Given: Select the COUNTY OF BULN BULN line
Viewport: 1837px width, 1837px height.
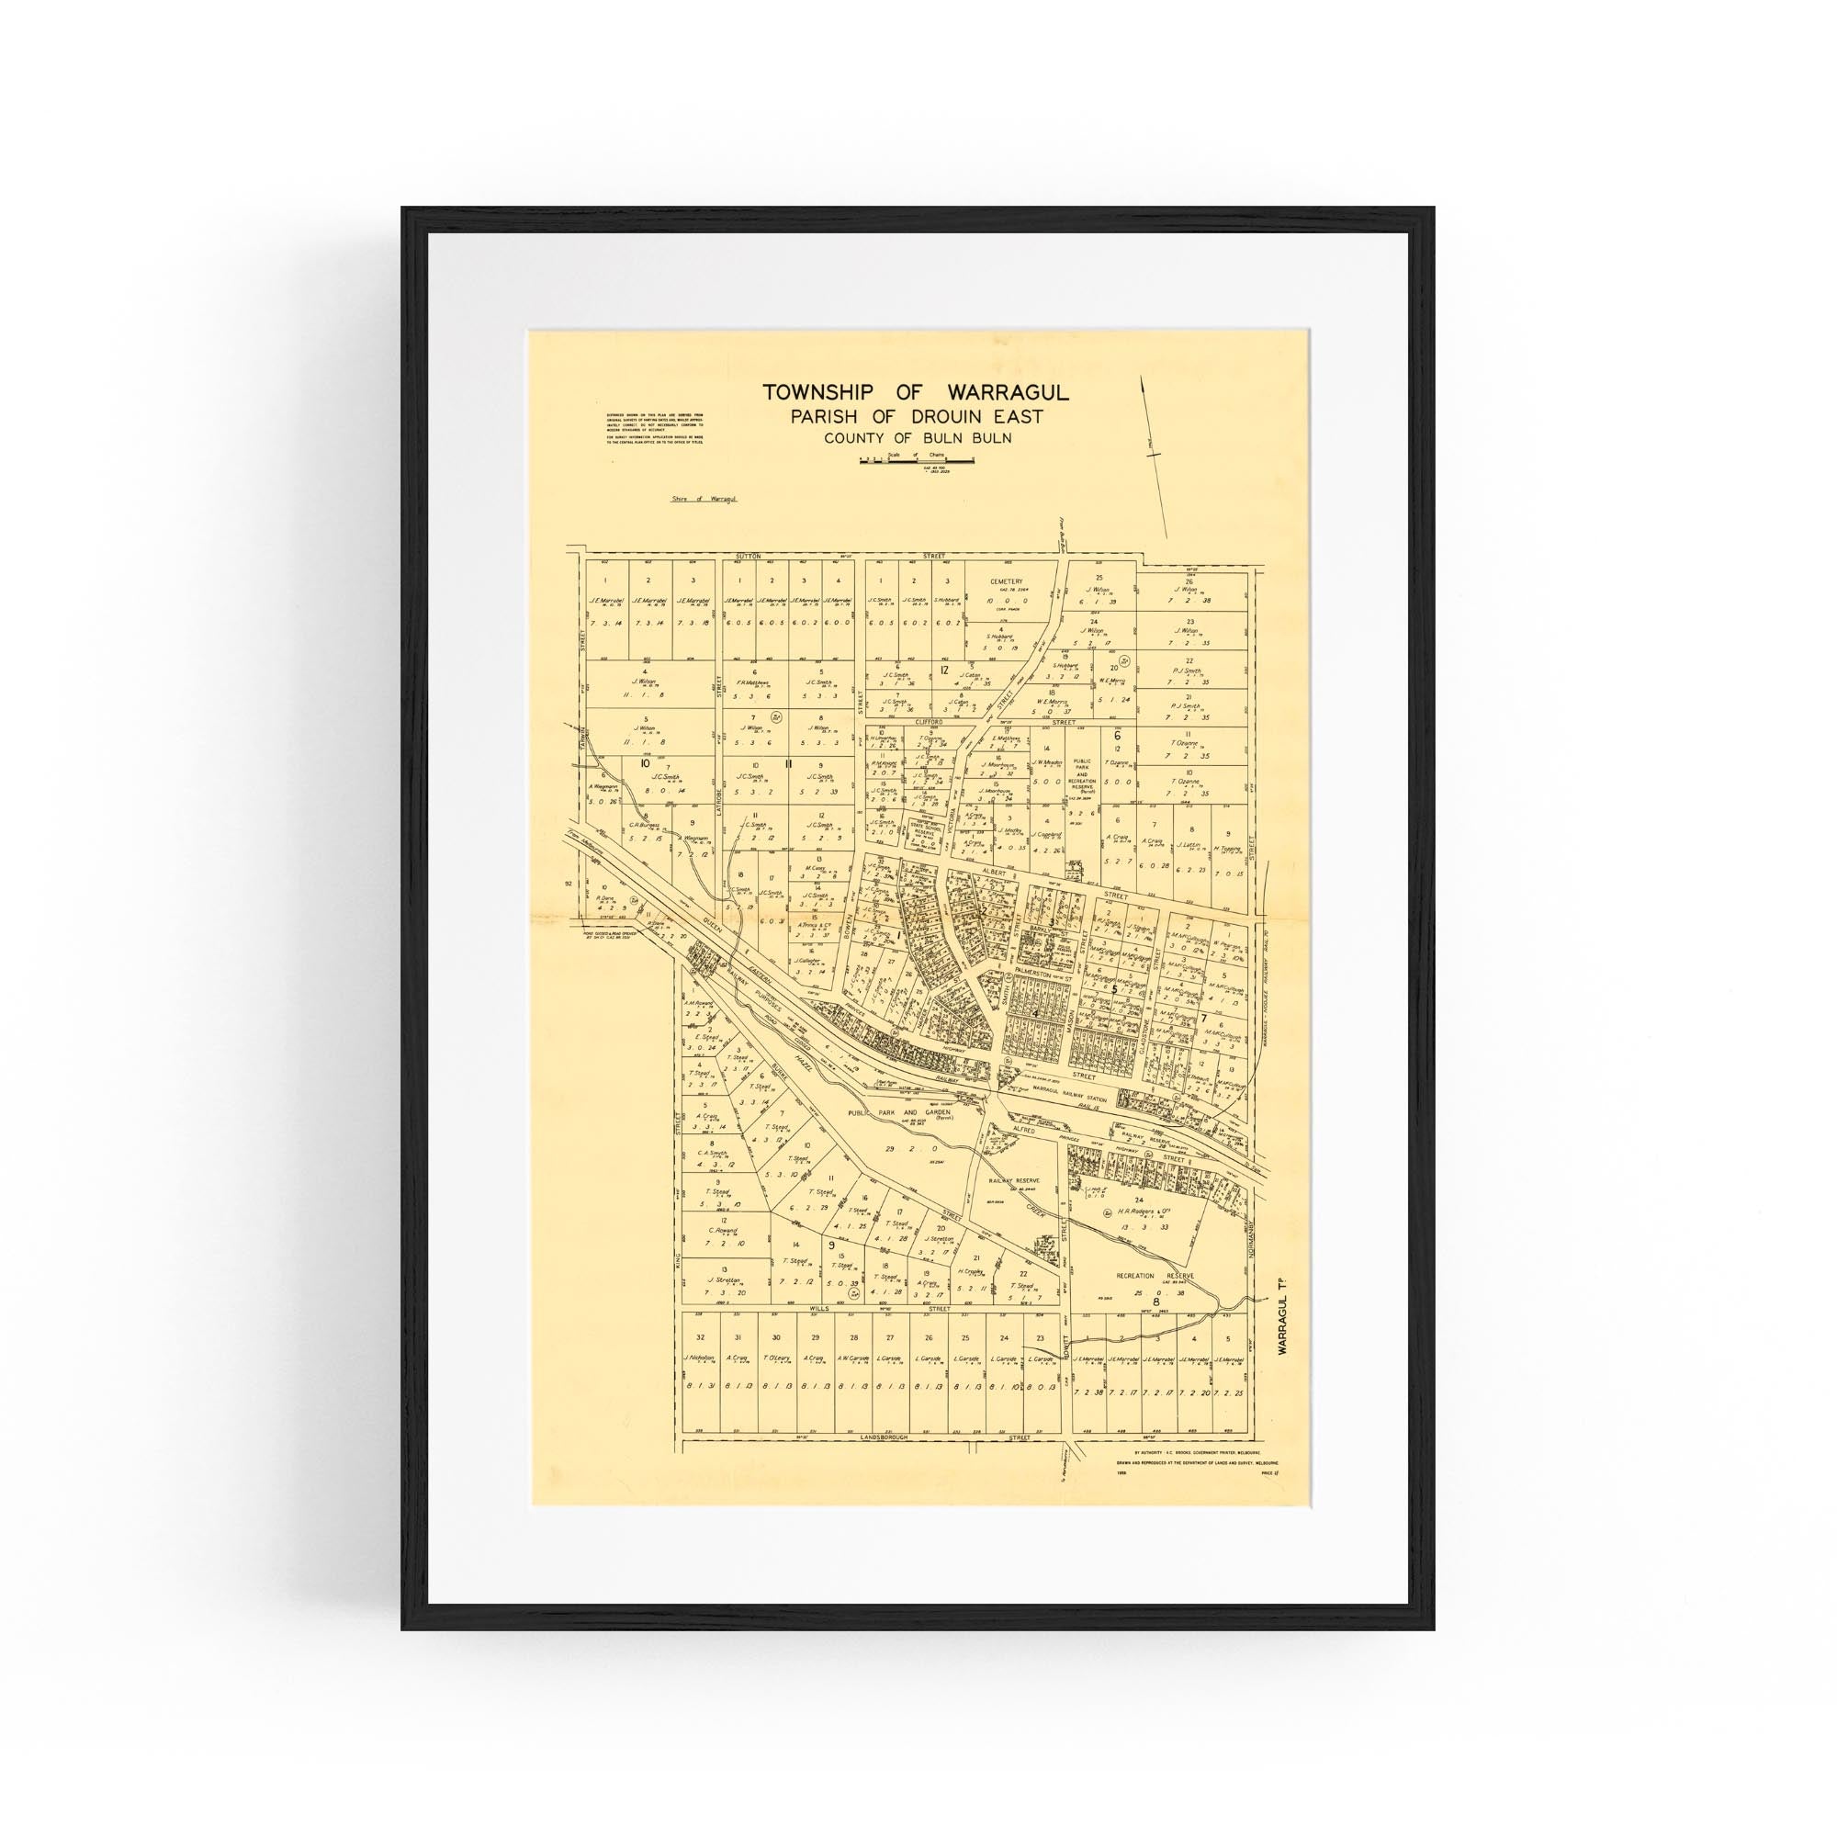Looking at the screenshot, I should point(917,438).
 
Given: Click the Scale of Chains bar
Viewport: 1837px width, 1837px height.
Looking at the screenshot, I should point(918,459).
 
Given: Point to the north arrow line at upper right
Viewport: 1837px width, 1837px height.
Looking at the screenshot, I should point(1154,456).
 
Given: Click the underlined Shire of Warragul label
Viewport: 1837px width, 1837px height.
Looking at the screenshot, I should point(704,498).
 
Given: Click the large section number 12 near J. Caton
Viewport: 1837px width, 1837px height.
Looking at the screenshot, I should point(944,671).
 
